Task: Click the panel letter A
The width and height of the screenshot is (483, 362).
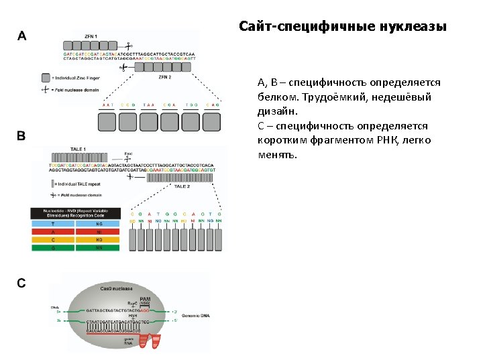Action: pyautogui.click(x=21, y=35)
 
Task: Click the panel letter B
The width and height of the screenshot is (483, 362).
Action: pyautogui.click(x=21, y=136)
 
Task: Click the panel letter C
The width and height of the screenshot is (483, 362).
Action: pyautogui.click(x=21, y=283)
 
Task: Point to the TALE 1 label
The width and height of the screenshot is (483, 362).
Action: pyautogui.click(x=78, y=149)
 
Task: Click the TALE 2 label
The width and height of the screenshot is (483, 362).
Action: pyautogui.click(x=182, y=186)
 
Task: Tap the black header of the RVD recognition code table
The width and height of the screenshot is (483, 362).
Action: pyautogui.click(x=75, y=214)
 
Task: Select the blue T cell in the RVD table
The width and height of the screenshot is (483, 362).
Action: pyautogui.click(x=53, y=225)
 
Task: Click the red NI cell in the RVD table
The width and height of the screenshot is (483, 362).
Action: pyautogui.click(x=97, y=233)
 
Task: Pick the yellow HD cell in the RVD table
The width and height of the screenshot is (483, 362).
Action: pyautogui.click(x=97, y=240)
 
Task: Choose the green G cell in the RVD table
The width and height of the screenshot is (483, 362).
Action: pyautogui.click(x=53, y=248)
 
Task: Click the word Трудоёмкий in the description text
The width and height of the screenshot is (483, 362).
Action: pyautogui.click(x=323, y=97)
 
